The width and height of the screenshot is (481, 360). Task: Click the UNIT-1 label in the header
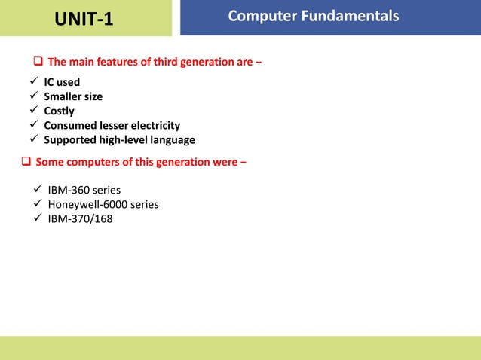click(84, 18)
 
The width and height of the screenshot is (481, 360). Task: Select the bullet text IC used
click(61, 82)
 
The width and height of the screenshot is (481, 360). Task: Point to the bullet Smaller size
click(72, 96)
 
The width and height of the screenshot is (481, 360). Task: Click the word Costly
click(59, 111)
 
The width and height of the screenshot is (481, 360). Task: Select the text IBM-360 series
click(84, 190)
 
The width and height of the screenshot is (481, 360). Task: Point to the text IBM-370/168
click(81, 219)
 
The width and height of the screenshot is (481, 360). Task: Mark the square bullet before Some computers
click(26, 162)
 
